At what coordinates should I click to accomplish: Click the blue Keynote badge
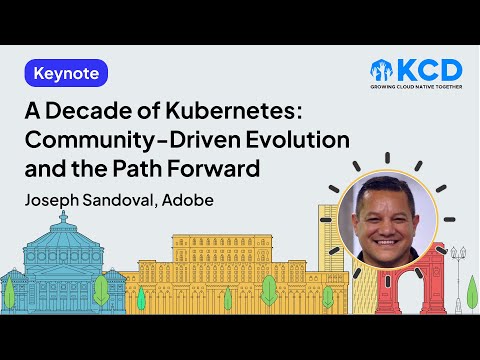(65, 74)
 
